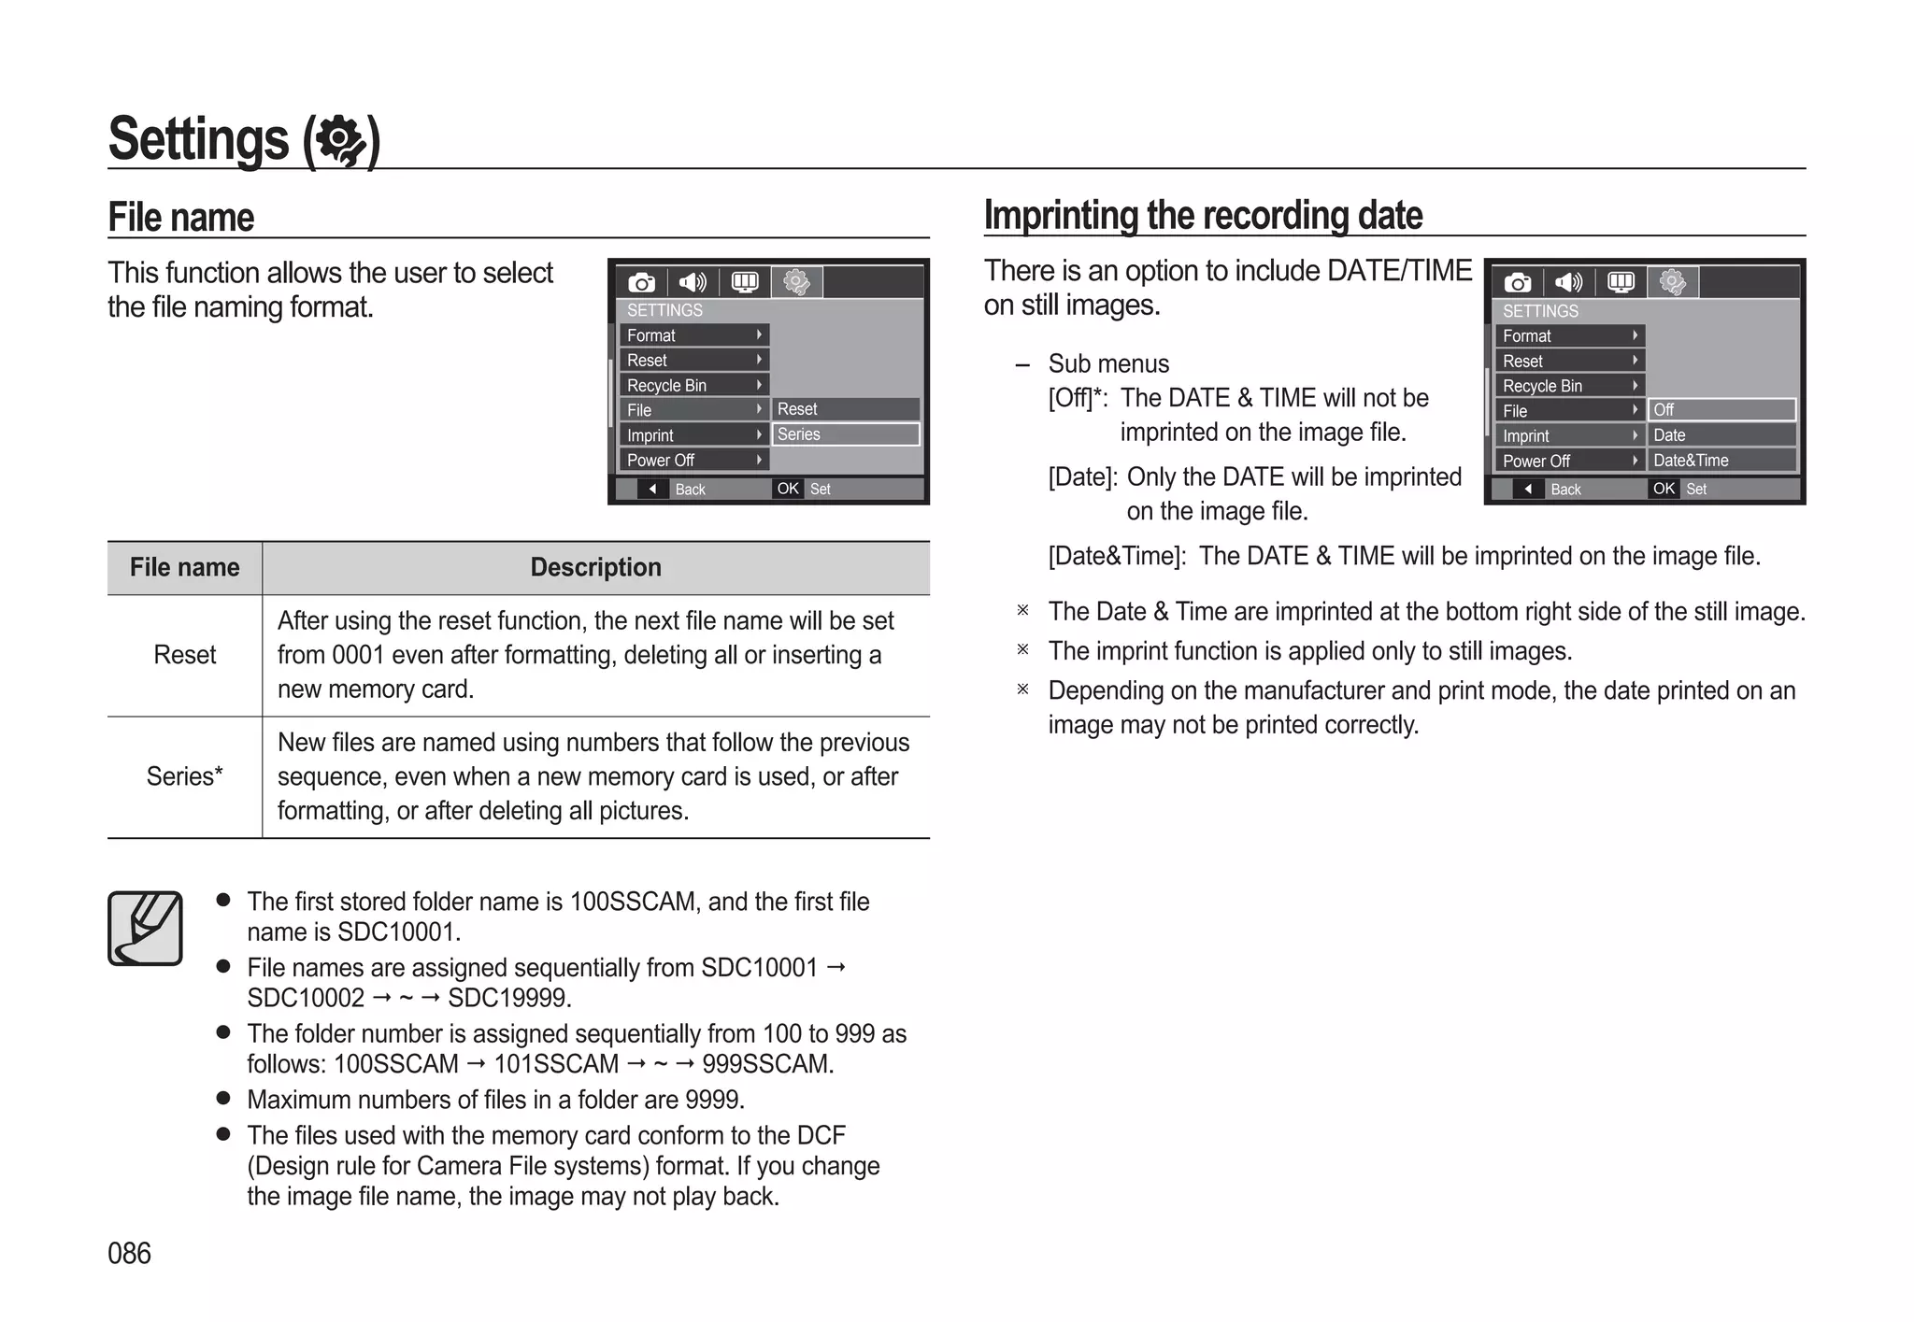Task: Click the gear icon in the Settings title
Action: click(341, 141)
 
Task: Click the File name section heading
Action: click(181, 217)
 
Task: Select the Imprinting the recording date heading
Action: click(1203, 216)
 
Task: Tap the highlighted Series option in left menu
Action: click(845, 434)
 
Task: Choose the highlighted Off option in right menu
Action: click(1721, 410)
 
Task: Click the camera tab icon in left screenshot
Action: click(641, 282)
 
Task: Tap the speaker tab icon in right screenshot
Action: click(1568, 282)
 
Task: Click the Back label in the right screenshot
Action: click(1565, 490)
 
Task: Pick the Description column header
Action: click(595, 567)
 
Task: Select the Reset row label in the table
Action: click(184, 655)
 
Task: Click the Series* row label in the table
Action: click(184, 776)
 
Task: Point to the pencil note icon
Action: click(145, 928)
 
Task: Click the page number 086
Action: click(129, 1253)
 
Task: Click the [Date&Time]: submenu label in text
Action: click(1117, 556)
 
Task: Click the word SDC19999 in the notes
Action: click(508, 998)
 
